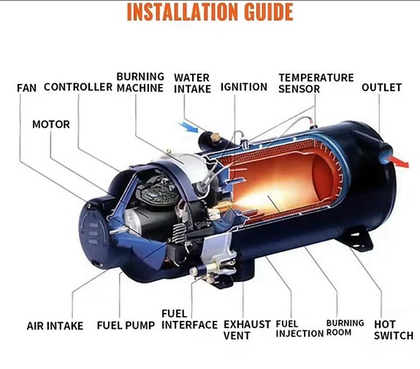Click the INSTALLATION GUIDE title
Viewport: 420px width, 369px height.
pyautogui.click(x=210, y=12)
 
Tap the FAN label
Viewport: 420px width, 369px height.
pyautogui.click(x=26, y=88)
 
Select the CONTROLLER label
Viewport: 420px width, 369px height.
pyautogui.click(x=78, y=87)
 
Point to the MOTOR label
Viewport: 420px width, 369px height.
pyautogui.click(x=51, y=124)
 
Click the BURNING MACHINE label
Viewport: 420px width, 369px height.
pyautogui.click(x=140, y=82)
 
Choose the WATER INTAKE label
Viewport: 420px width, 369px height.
pyautogui.click(x=192, y=83)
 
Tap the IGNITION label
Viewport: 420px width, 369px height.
pyautogui.click(x=244, y=87)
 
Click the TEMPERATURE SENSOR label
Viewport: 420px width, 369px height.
pyautogui.click(x=316, y=83)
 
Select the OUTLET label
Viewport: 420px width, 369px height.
pyautogui.click(x=381, y=88)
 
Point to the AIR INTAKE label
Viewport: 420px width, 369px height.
pyautogui.click(x=55, y=326)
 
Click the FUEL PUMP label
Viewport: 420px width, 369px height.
pyautogui.click(x=126, y=325)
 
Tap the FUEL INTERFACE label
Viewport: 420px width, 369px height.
pyautogui.click(x=189, y=319)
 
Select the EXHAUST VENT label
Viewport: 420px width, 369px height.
pyautogui.click(x=247, y=330)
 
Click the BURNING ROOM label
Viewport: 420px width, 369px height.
pyautogui.click(x=345, y=328)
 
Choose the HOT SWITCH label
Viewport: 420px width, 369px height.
pyautogui.click(x=394, y=330)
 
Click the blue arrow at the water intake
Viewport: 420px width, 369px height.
pyautogui.click(x=189, y=127)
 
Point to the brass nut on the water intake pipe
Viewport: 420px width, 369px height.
pyautogui.click(x=215, y=137)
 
